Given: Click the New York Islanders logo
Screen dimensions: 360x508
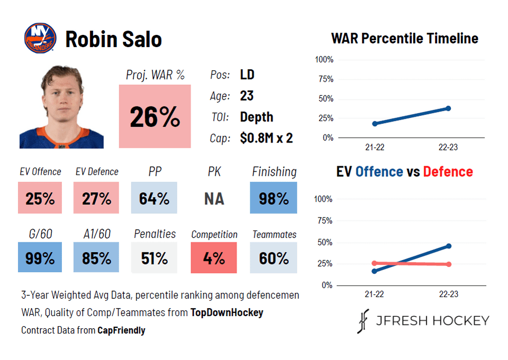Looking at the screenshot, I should point(40,38).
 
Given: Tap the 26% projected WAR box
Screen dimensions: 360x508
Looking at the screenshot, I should point(155,116).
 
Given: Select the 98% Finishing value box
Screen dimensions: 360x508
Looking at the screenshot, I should point(274,198).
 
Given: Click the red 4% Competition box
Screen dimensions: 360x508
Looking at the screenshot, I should point(214,258).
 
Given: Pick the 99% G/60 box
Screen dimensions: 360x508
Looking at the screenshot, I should point(40,258).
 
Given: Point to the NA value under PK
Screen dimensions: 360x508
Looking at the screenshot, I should point(214,199).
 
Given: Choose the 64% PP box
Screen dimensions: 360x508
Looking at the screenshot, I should point(154,198).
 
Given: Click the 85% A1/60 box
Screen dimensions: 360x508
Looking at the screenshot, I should point(96,258).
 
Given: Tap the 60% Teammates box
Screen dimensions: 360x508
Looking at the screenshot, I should point(274,258).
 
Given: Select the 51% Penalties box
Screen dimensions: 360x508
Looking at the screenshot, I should point(154,258).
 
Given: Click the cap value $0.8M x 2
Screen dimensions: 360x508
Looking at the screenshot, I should point(266,138).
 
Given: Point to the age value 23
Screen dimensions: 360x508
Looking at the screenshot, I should point(247,96).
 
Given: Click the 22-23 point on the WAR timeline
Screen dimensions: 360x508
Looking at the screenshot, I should point(448,108).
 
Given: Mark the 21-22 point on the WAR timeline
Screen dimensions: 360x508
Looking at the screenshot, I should point(375,124).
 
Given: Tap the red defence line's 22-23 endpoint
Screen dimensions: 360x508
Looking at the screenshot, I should point(449,264).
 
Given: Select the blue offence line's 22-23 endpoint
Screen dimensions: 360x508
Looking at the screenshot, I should point(449,246).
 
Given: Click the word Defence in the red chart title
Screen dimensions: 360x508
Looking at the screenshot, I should point(448,172).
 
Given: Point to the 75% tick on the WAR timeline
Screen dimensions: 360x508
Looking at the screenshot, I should point(324,79).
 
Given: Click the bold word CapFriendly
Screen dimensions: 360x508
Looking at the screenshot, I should point(121,330).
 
